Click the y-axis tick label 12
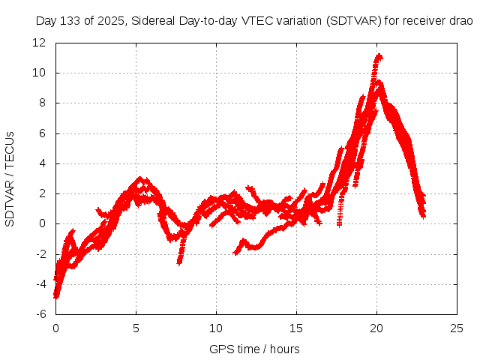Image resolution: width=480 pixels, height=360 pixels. click(40, 43)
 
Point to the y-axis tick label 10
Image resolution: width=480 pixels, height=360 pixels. click(40, 73)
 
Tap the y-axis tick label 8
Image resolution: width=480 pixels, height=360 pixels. click(43, 103)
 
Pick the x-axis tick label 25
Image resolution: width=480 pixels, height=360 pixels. click(457, 328)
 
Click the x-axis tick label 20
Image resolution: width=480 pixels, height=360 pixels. click(376, 328)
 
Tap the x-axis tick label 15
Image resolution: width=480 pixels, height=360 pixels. click(296, 328)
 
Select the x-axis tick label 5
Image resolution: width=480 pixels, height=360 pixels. click(136, 328)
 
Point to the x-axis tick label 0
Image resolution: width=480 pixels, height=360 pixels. click(55, 328)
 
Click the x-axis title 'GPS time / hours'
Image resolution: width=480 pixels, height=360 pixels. click(256, 349)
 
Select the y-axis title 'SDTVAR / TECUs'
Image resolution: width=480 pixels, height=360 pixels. click(10, 178)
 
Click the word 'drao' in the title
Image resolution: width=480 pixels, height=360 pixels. click(461, 20)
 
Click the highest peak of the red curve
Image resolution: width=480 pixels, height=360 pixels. click(379, 55)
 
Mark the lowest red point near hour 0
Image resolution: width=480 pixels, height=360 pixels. click(56, 296)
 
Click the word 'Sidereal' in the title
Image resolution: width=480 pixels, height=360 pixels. click(153, 20)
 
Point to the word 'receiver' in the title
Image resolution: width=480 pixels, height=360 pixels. click(425, 20)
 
